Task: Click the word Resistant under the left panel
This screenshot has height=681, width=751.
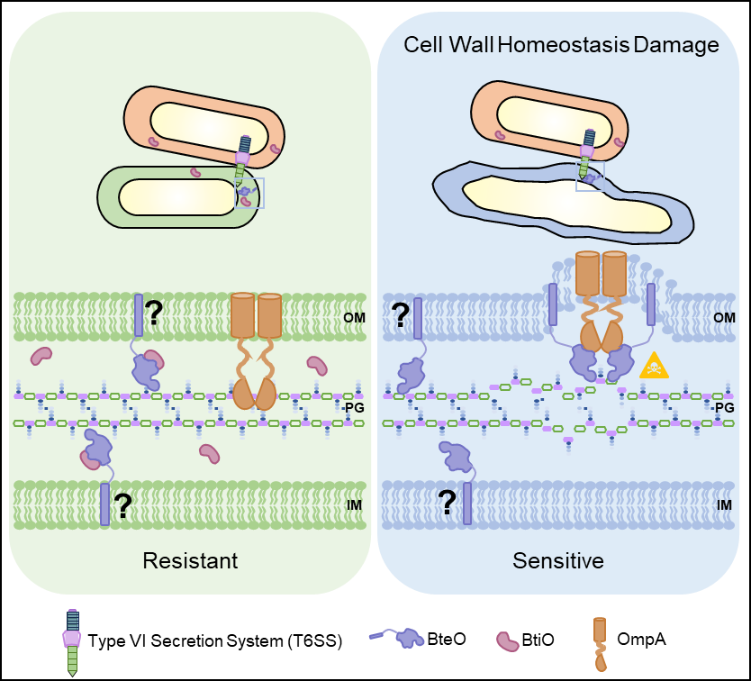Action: coord(190,560)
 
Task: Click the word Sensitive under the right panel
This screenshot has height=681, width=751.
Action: coord(557,560)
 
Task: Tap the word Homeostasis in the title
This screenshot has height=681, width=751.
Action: coord(563,44)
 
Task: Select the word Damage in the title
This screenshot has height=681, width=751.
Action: coord(676,44)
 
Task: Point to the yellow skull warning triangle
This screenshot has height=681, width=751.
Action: coord(654,365)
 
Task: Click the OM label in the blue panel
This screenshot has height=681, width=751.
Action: coord(724,318)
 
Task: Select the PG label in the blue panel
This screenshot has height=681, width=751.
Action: coord(723,408)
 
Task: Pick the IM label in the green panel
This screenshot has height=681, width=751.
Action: coord(354,504)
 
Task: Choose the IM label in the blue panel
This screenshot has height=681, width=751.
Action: coord(724,504)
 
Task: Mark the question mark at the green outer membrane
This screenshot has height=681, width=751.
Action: coord(154,313)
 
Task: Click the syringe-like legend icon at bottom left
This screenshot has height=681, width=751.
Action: coord(72,640)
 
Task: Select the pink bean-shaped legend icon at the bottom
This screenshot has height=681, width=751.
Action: coord(508,640)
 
